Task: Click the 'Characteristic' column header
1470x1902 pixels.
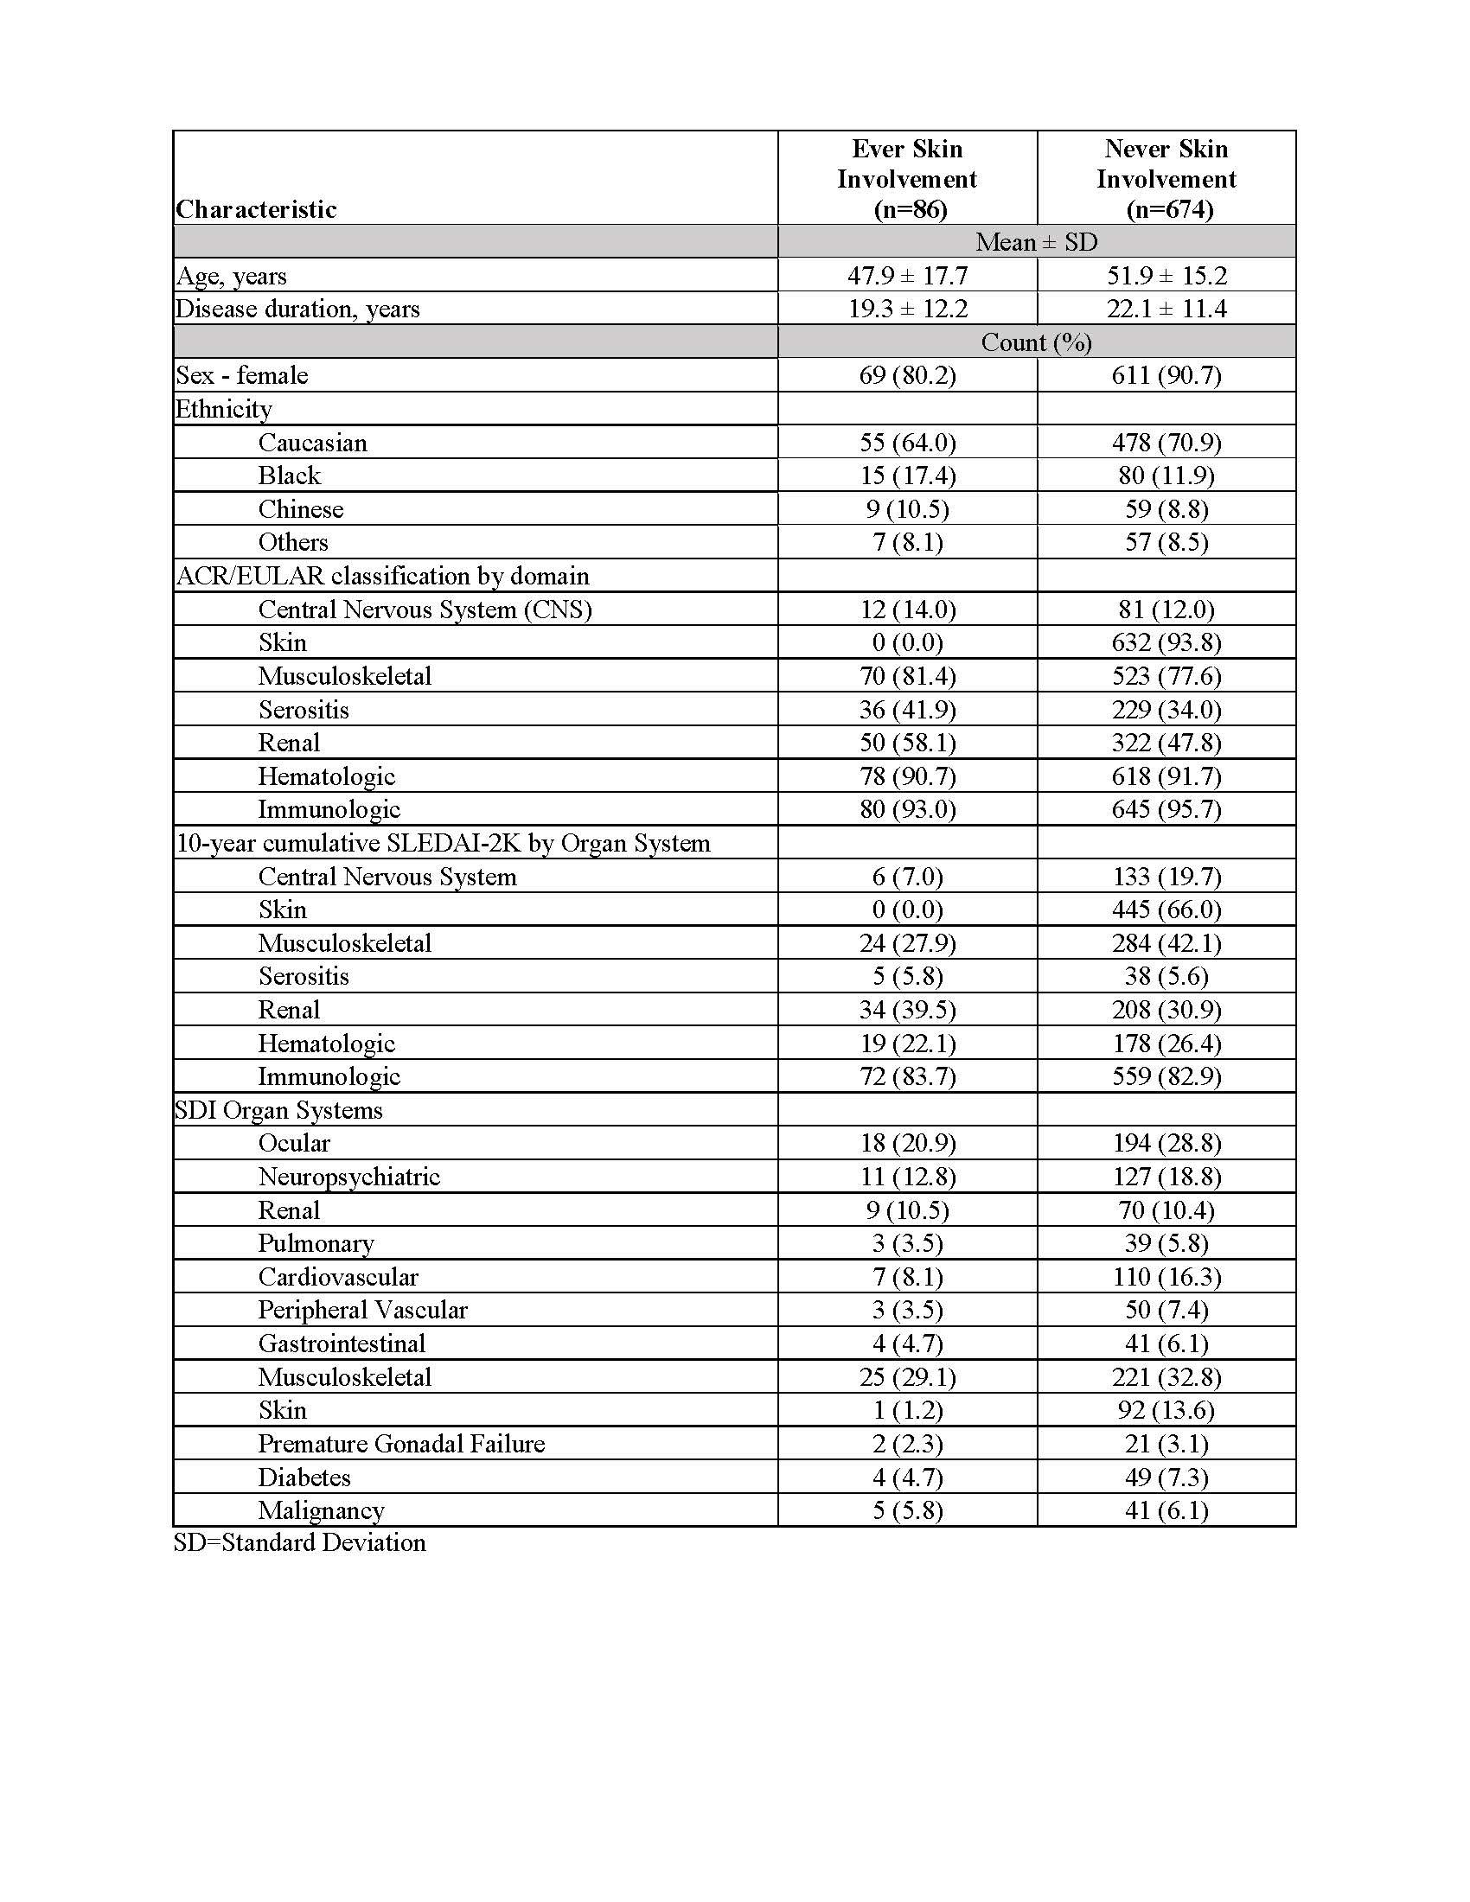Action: click(256, 209)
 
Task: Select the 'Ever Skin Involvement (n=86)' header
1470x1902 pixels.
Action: click(907, 179)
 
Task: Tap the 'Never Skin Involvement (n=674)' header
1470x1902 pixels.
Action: click(1166, 179)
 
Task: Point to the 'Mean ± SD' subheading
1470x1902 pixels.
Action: click(1036, 242)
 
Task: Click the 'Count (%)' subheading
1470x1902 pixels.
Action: click(1036, 342)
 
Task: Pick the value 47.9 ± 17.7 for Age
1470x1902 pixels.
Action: click(907, 276)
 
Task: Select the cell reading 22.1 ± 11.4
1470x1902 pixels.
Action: click(1166, 310)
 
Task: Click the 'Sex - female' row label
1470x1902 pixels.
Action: click(242, 375)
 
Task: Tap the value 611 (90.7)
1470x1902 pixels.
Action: click(1166, 375)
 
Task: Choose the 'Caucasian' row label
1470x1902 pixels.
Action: click(313, 443)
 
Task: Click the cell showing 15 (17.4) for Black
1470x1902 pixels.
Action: click(907, 475)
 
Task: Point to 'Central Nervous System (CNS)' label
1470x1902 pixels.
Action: click(425, 610)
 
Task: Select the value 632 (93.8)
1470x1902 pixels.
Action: click(1166, 642)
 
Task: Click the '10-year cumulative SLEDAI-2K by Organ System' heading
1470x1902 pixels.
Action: click(444, 843)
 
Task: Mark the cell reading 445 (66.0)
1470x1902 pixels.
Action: click(1166, 910)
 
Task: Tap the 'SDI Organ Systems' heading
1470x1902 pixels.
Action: click(278, 1110)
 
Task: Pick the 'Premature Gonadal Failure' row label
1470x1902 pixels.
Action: click(401, 1444)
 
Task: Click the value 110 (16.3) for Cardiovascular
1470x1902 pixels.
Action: click(1166, 1277)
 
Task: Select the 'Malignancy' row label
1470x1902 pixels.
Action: click(322, 1511)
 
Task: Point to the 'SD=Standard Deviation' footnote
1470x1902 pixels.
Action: click(299, 1542)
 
